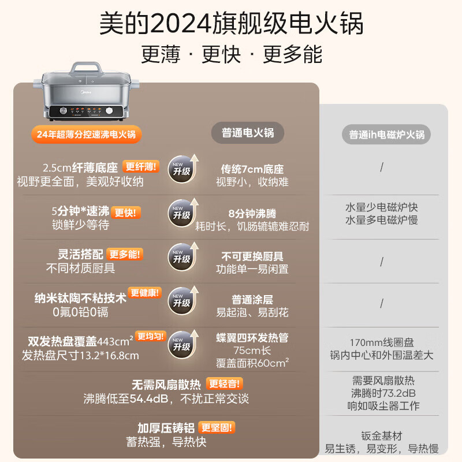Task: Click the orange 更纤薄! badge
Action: point(141,167)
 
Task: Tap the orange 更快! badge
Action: point(126,212)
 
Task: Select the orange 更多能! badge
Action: point(124,254)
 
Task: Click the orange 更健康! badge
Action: point(145,293)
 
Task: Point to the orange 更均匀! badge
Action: point(151,336)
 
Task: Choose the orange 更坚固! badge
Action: point(217,428)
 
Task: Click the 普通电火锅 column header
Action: point(248,133)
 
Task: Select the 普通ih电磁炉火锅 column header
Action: point(386,135)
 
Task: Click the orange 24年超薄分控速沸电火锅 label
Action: point(85,135)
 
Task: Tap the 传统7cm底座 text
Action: point(252,169)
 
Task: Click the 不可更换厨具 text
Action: point(252,256)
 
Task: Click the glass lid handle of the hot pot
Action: point(80,66)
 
